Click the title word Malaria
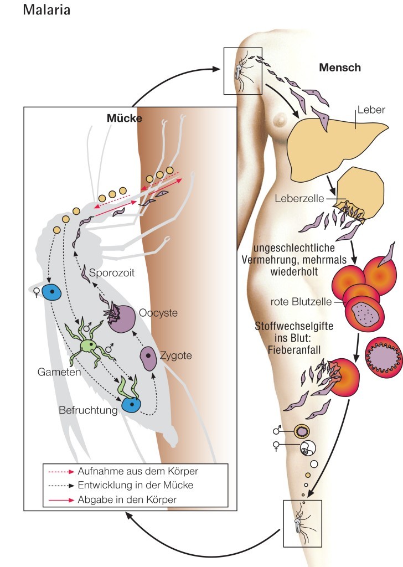[x=46, y=11]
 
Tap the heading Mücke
[x=125, y=118]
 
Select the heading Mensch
[x=340, y=68]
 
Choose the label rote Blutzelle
[x=301, y=302]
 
